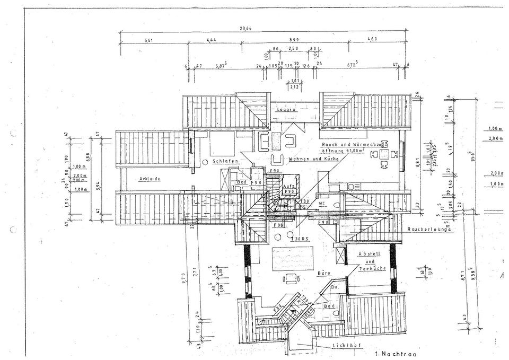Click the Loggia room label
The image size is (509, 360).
click(x=286, y=110)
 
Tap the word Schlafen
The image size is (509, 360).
click(x=224, y=161)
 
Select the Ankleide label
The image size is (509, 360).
click(x=150, y=179)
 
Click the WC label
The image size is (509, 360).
click(x=321, y=203)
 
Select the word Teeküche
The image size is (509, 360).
click(x=370, y=270)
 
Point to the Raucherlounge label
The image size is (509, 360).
click(x=429, y=230)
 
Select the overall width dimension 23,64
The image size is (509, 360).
click(x=245, y=29)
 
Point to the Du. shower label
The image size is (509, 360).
click(x=335, y=287)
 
